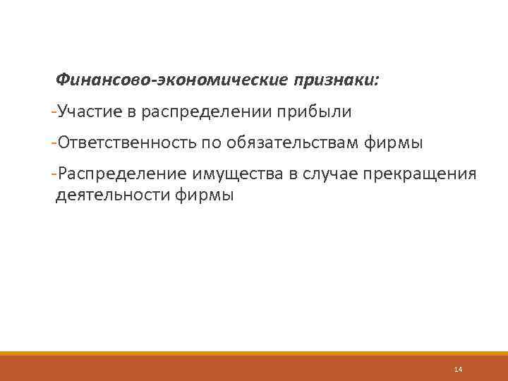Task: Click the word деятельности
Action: point(111,195)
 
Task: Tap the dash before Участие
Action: point(55,111)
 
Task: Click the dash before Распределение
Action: point(55,174)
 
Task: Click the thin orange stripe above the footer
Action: point(254,353)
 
